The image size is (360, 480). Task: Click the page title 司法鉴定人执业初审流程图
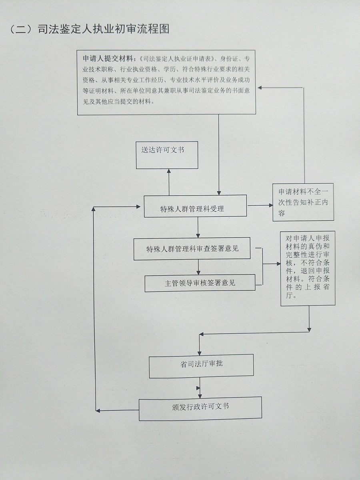pyautogui.click(x=103, y=29)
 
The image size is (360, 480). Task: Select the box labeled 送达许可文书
pyautogui.click(x=167, y=155)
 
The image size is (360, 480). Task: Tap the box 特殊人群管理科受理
pyautogui.click(x=195, y=206)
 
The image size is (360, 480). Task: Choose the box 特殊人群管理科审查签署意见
pyautogui.click(x=192, y=248)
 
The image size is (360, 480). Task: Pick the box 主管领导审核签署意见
pyautogui.click(x=200, y=283)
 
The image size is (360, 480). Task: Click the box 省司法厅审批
pyautogui.click(x=201, y=365)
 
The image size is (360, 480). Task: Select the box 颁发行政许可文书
pyautogui.click(x=200, y=408)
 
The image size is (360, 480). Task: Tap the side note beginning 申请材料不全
pyautogui.click(x=303, y=202)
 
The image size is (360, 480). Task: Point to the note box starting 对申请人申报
pyautogui.click(x=308, y=268)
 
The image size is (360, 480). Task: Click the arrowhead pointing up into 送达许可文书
pyautogui.click(x=169, y=171)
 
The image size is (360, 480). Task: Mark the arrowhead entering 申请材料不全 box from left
pyautogui.click(x=269, y=206)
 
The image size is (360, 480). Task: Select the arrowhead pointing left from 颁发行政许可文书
pyautogui.click(x=98, y=410)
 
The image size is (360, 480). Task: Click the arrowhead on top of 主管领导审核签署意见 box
pyautogui.click(x=198, y=272)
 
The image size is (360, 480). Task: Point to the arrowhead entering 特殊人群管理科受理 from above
pyautogui.click(x=219, y=192)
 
